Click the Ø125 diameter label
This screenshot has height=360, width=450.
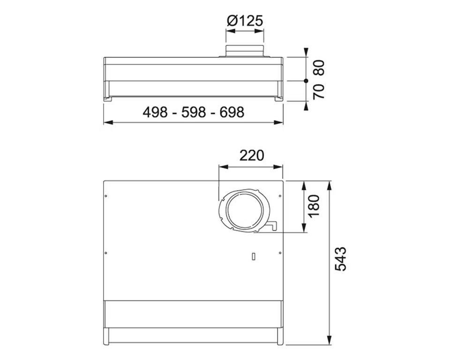[x=245, y=21]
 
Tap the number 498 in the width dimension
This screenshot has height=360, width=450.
[x=155, y=112]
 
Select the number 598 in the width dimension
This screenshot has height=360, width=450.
[x=194, y=112]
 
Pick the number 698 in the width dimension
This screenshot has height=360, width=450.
[x=232, y=112]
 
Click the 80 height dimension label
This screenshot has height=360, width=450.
[x=319, y=68]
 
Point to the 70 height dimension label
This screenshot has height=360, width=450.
[x=319, y=91]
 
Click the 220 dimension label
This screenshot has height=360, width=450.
[x=251, y=156]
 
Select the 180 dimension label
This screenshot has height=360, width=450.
[x=314, y=206]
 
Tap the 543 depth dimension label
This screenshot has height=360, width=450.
[x=341, y=259]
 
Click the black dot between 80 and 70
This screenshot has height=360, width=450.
[x=306, y=81]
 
